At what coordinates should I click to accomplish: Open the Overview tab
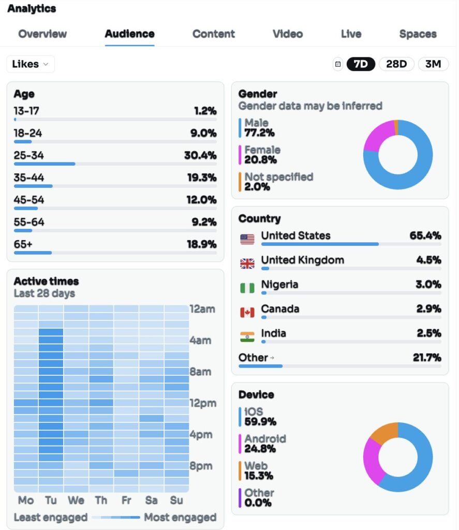(42, 34)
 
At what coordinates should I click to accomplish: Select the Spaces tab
(418, 34)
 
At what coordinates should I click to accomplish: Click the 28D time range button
(396, 64)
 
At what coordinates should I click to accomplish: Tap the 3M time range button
(433, 64)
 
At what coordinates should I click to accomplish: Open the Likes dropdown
(31, 64)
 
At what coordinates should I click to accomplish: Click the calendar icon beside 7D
(338, 64)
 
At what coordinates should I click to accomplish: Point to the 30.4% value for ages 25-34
(200, 155)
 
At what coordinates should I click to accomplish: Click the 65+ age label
(23, 244)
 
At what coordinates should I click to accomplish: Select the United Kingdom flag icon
(247, 263)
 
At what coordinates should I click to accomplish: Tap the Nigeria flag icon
(247, 288)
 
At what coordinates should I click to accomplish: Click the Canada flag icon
(247, 312)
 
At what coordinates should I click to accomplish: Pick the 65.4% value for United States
(425, 236)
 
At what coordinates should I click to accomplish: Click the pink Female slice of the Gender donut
(378, 136)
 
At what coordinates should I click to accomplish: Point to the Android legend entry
(265, 444)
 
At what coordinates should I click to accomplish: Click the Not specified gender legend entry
(278, 182)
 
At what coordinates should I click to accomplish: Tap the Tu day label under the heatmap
(51, 500)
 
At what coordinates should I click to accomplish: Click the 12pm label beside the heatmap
(202, 403)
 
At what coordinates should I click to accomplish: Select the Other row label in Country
(253, 358)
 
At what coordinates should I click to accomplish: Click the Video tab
(288, 34)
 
